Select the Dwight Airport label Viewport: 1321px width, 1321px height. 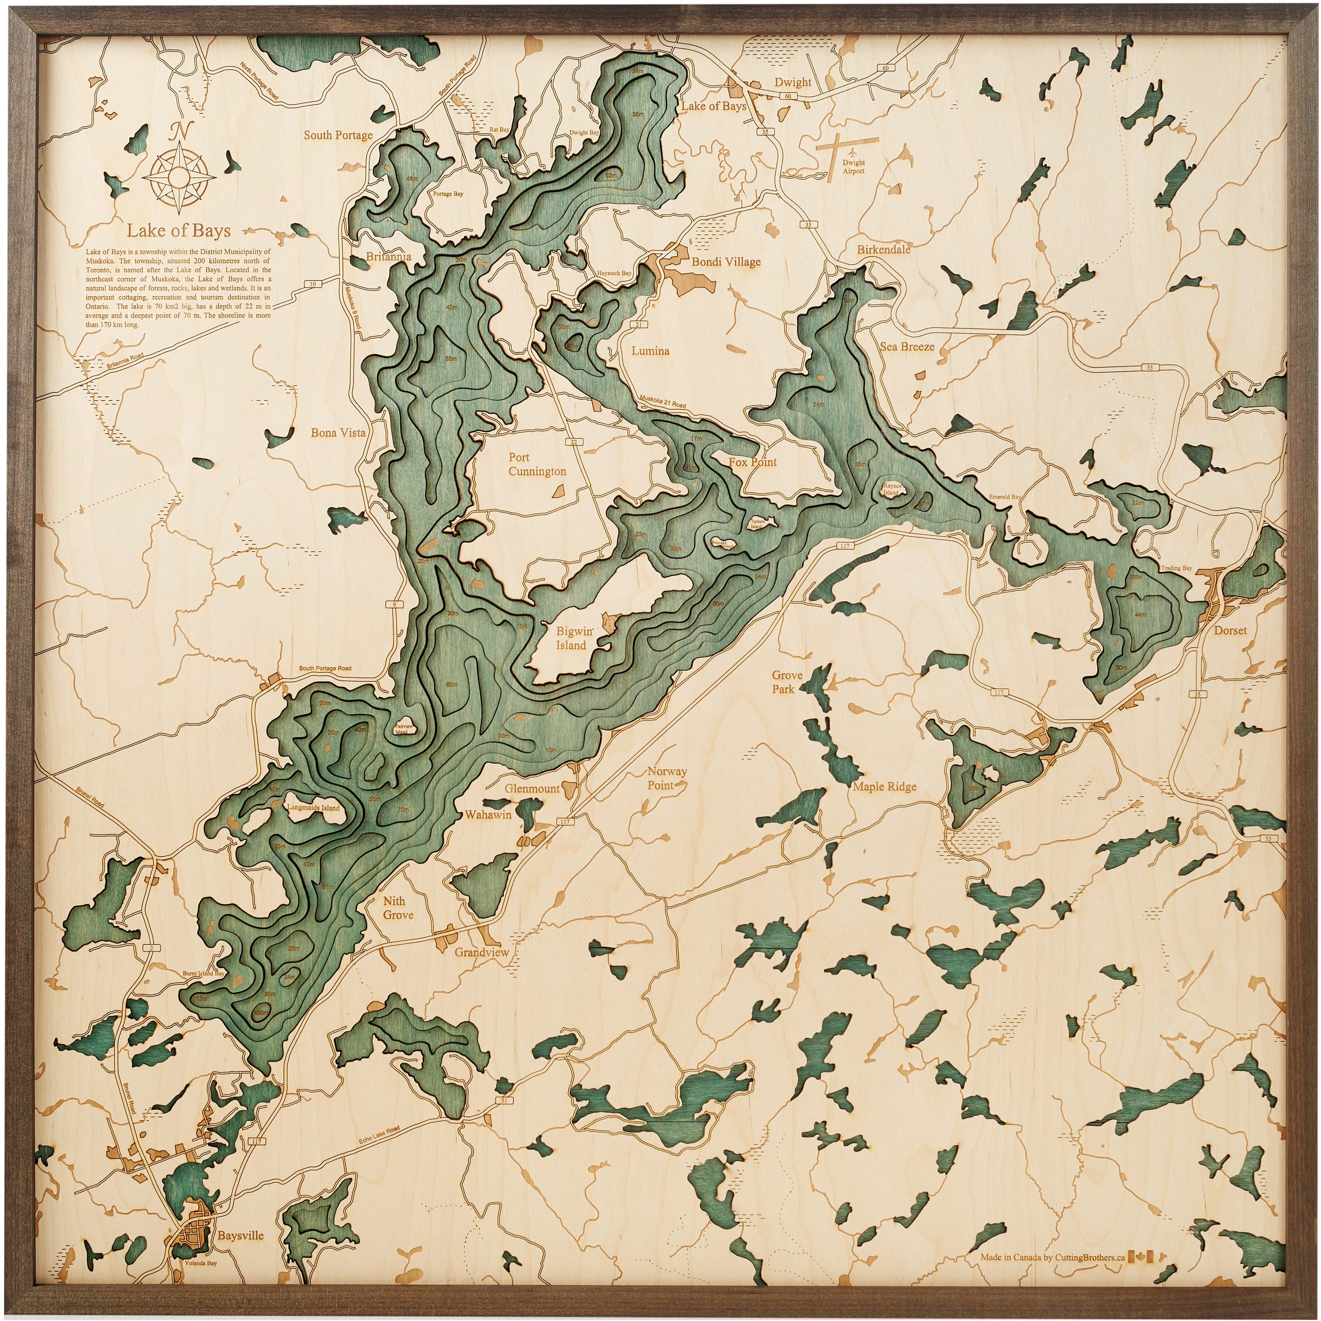(x=853, y=167)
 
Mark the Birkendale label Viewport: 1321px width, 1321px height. (x=883, y=250)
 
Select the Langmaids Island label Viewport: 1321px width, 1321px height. (x=313, y=807)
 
